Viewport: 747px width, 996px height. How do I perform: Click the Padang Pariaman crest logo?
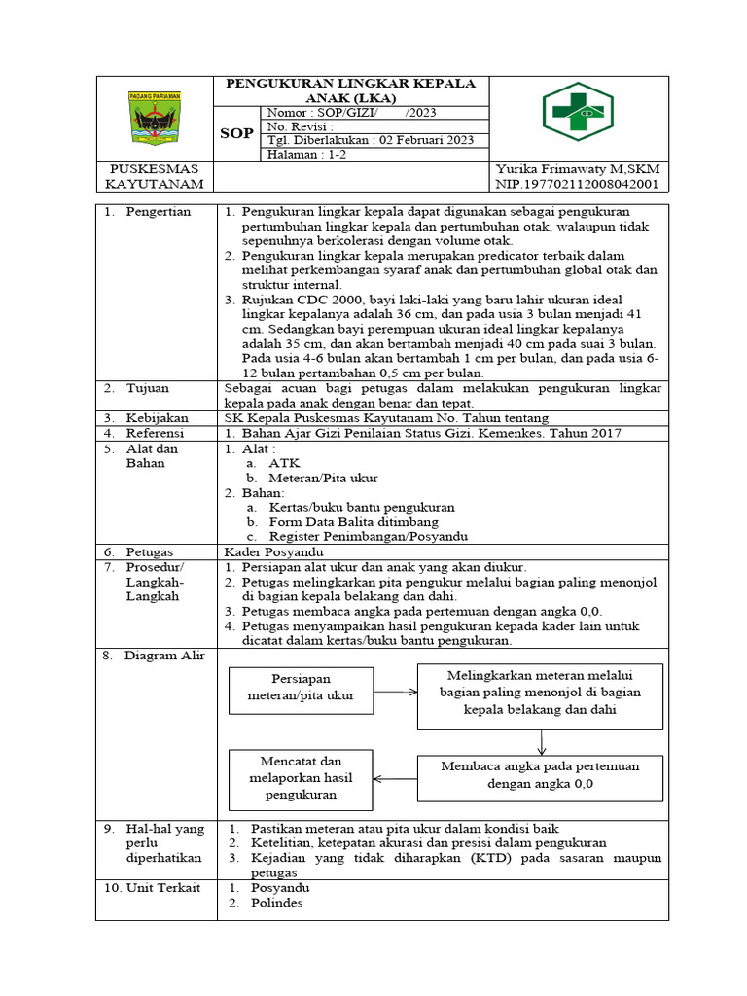pos(155,117)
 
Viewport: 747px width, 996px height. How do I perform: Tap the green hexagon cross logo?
pos(578,113)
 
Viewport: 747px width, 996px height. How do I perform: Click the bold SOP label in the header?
pos(236,133)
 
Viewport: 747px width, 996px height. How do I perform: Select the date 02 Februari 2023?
pos(424,140)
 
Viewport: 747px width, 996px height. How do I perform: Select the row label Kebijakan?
pos(157,417)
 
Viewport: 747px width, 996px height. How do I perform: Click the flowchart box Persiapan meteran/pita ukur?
pos(302,688)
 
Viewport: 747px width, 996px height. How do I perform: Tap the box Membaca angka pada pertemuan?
pos(540,774)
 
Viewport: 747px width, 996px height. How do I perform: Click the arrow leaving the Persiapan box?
pos(395,692)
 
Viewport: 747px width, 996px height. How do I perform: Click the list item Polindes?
pos(276,903)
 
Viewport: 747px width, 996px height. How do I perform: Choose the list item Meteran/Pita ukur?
pos(324,479)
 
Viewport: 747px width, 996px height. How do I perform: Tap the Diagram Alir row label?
pos(163,656)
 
